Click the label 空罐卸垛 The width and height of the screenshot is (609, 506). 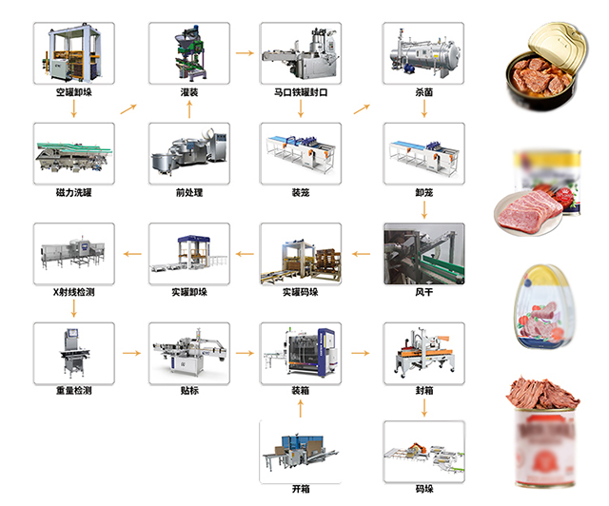[x=73, y=93]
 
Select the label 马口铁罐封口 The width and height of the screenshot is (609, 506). [x=301, y=93]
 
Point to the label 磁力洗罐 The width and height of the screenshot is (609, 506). [x=73, y=193]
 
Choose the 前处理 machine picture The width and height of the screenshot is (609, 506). [x=187, y=153]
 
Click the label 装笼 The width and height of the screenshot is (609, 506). [x=301, y=193]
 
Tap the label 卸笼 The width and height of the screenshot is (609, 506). [x=423, y=193]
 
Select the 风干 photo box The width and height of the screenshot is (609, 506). [x=423, y=253]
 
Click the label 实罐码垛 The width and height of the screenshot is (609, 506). [x=301, y=293]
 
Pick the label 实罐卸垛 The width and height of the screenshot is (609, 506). [x=187, y=293]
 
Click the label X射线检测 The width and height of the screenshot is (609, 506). [x=73, y=293]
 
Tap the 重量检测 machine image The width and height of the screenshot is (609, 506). [x=73, y=353]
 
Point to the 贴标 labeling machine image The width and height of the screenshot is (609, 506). [x=187, y=353]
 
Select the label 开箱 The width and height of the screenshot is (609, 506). [x=301, y=489]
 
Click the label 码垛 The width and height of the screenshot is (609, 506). [x=423, y=489]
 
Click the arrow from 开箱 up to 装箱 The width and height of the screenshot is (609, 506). [x=301, y=408]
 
